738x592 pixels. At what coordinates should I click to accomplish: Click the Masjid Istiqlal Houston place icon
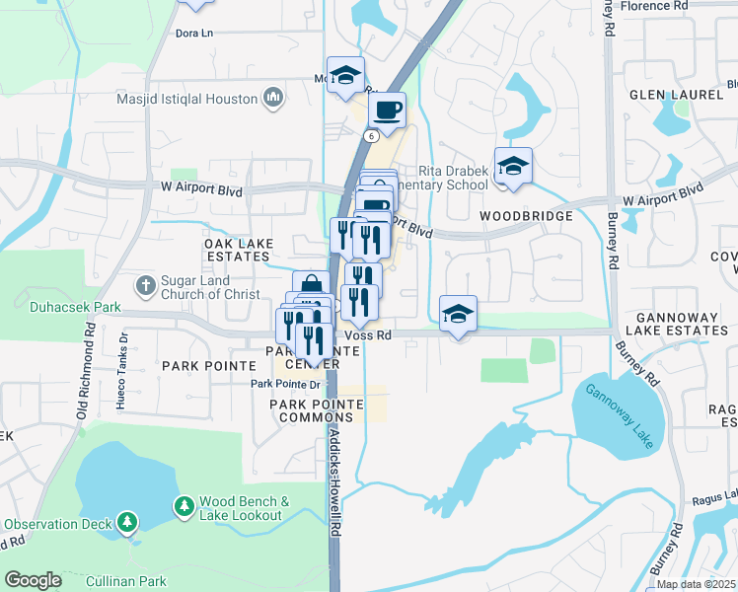coord(273,97)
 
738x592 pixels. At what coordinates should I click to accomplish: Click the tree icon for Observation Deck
coord(126,520)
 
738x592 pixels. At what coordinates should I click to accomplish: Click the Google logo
coord(33,579)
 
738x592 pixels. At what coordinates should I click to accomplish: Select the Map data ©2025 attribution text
coord(696,584)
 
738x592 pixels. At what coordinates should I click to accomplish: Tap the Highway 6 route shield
coord(370,135)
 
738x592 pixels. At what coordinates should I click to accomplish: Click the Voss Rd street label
coord(371,335)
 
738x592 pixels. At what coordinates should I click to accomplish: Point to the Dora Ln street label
coord(193,33)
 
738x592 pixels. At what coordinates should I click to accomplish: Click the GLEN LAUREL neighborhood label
coord(678,96)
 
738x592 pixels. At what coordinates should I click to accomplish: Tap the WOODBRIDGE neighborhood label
coord(526,215)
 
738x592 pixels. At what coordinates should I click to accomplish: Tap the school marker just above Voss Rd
coord(458,315)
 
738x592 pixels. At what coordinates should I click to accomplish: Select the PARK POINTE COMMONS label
coord(310,411)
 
